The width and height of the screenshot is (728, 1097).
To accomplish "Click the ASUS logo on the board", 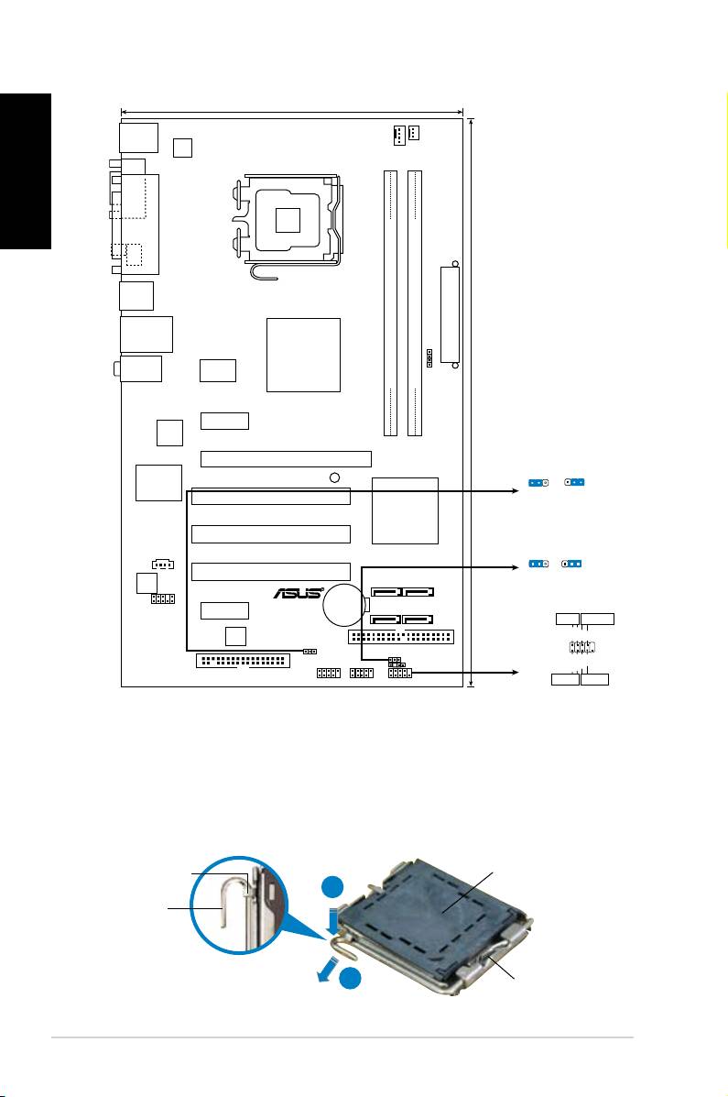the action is pyautogui.click(x=299, y=593).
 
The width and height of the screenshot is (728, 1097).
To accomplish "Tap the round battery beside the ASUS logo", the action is pyautogui.click(x=344, y=605).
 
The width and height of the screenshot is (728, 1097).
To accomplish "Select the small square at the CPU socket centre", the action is pyautogui.click(x=288, y=220).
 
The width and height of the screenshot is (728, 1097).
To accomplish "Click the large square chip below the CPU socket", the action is pyautogui.click(x=303, y=356).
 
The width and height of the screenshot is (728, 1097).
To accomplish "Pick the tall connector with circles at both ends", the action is pyautogui.click(x=451, y=315).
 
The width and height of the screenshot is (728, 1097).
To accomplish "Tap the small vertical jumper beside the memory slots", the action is pyautogui.click(x=429, y=357).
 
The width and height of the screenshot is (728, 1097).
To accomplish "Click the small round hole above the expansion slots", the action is pyautogui.click(x=334, y=477).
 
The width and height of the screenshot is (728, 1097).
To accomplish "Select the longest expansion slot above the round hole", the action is pyautogui.click(x=286, y=459).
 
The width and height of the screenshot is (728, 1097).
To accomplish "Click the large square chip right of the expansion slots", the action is pyautogui.click(x=405, y=510).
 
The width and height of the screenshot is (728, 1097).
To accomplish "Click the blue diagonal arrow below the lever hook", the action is pyautogui.click(x=327, y=970).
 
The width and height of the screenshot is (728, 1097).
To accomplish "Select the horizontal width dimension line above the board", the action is pyautogui.click(x=292, y=111).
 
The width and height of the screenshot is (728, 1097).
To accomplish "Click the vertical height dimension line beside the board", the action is pyautogui.click(x=473, y=403).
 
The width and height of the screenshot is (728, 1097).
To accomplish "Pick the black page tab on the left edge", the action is pyautogui.click(x=26, y=171).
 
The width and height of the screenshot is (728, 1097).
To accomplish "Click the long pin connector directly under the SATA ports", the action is pyautogui.click(x=401, y=637).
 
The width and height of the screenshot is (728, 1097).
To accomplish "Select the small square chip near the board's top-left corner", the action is pyautogui.click(x=182, y=148).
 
